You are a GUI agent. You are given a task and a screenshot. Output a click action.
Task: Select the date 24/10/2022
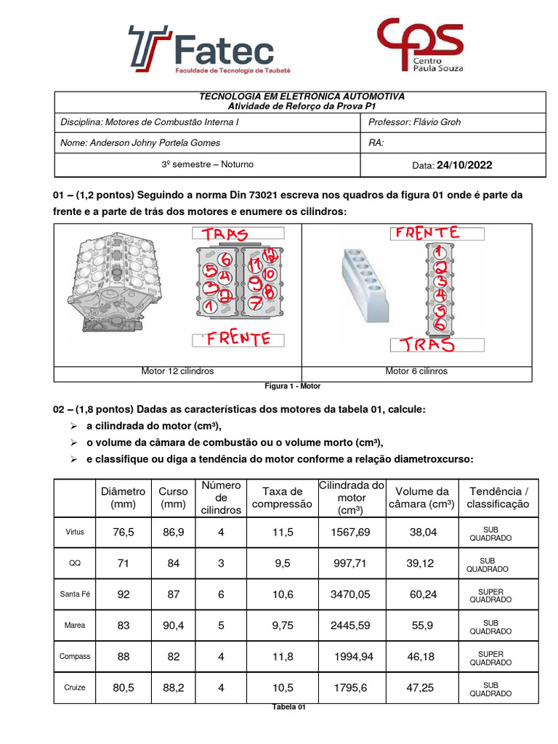pos(464,165)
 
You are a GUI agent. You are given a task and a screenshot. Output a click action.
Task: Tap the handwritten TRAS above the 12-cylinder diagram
pos(225,235)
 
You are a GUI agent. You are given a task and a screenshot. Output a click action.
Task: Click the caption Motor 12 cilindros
pos(177,371)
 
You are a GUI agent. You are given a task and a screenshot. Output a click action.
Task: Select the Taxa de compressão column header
pos(282,498)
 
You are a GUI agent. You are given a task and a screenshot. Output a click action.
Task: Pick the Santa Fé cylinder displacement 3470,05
pos(350,594)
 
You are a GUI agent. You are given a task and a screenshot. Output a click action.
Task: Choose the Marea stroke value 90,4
pos(173,626)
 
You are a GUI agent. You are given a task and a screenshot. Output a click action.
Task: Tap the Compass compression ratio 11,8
pos(282,657)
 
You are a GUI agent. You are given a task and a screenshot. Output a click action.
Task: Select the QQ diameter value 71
pos(124,563)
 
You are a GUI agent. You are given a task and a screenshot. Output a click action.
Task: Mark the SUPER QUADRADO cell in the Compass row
pos(490,658)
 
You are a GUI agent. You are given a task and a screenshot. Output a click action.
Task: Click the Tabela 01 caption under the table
pos(289,708)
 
